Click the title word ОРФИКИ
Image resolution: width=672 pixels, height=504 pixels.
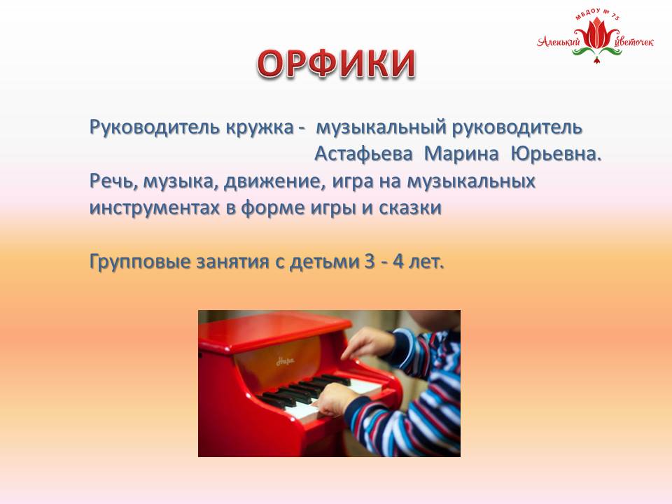pos(337,64)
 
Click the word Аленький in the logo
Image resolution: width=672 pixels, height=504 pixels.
pos(559,41)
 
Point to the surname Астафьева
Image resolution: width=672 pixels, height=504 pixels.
pos(364,153)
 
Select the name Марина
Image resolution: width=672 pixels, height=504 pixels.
pos(461,153)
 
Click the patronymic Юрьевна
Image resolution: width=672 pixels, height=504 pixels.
pos(556,153)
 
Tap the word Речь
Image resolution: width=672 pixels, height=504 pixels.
pos(113,181)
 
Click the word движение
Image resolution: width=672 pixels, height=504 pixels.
pos(272,181)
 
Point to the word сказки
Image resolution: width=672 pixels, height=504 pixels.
pos(410,208)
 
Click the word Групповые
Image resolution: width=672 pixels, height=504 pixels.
pos(140,261)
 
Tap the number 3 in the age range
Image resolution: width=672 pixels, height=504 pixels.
pos(370,261)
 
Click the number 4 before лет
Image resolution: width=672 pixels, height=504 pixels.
pos(398,261)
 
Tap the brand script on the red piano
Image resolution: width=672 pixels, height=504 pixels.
pos(285,361)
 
